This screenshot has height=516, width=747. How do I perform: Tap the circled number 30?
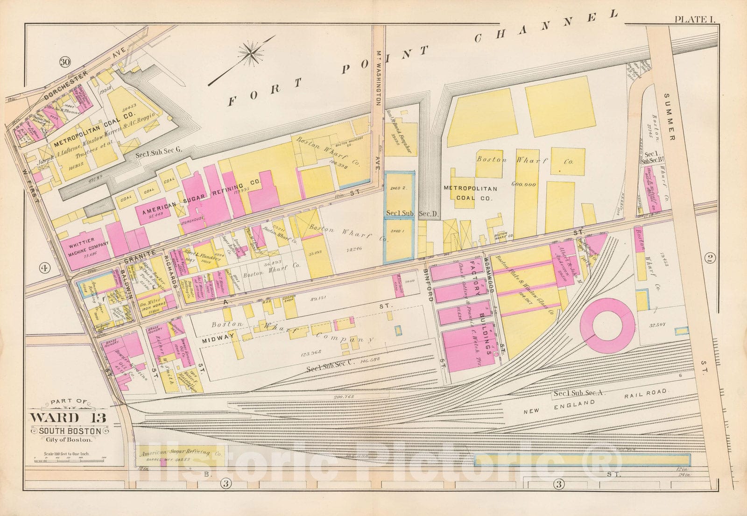(64, 62)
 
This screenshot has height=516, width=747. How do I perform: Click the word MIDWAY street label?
(217, 342)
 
